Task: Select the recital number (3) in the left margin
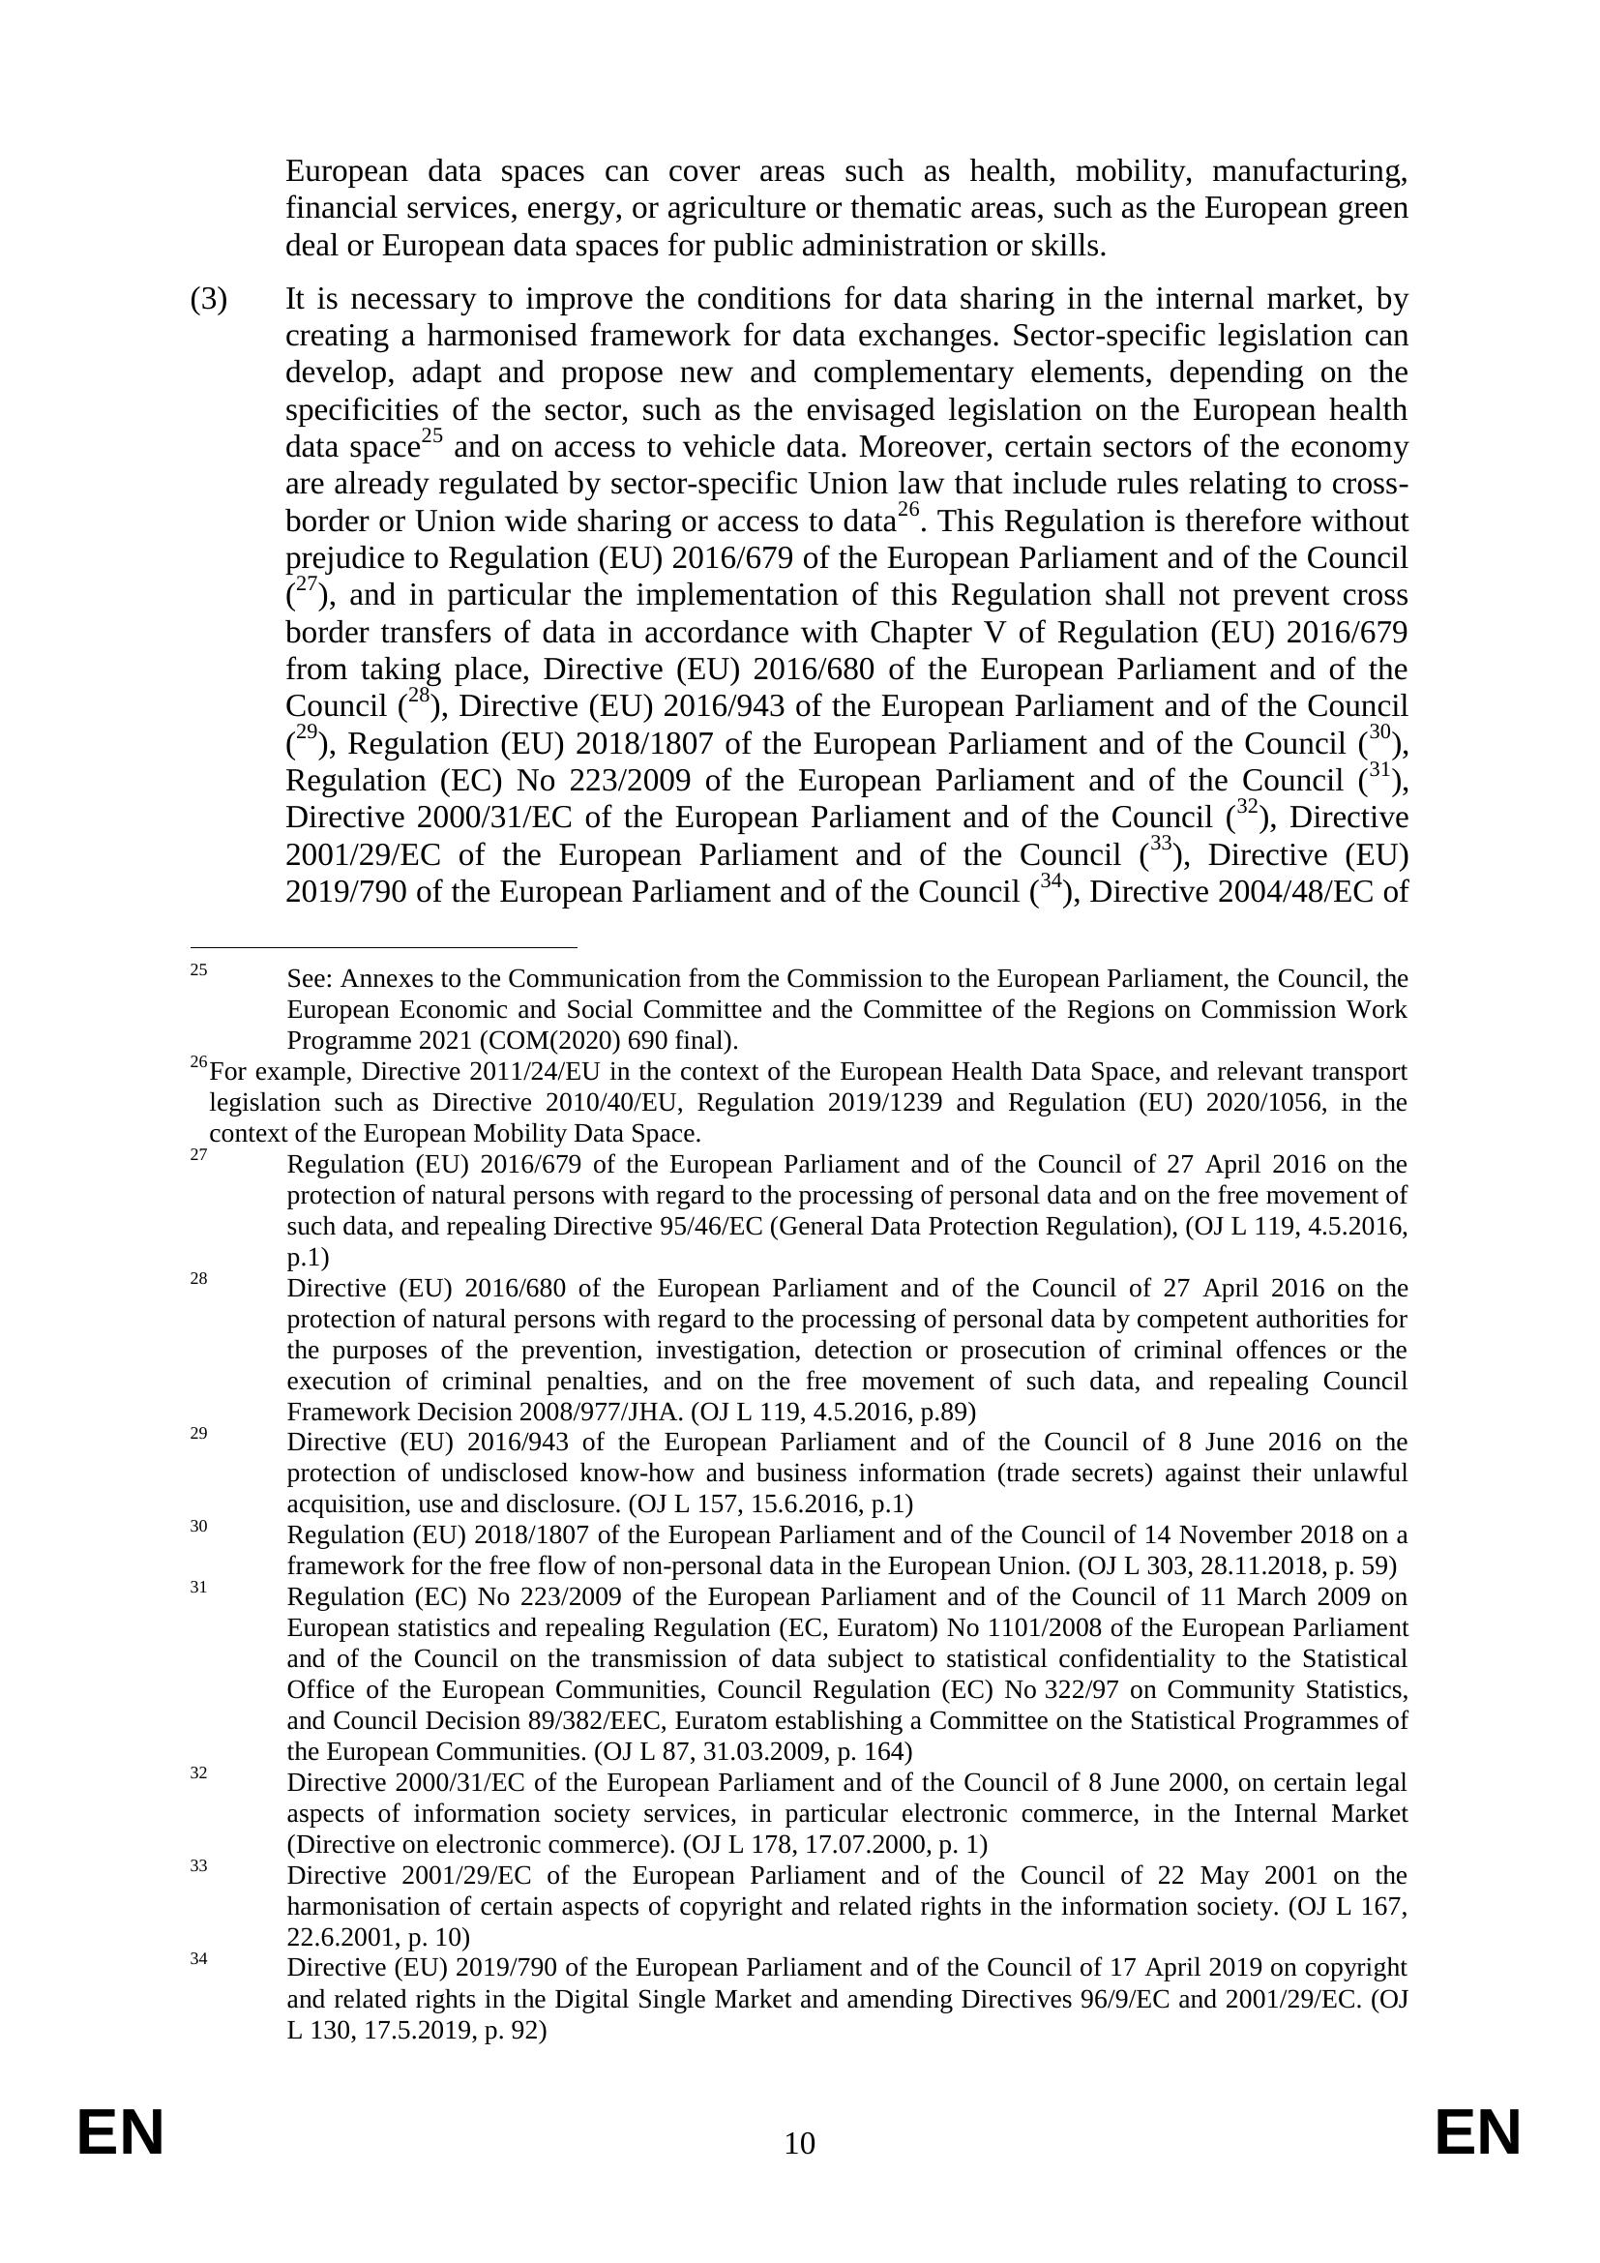point(208,299)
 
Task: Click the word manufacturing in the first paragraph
point(1309,171)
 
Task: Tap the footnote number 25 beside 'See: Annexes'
point(199,969)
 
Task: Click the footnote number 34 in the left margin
point(199,1959)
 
